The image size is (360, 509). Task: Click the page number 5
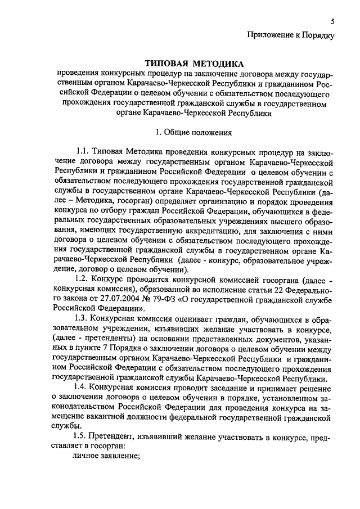[x=332, y=22]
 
